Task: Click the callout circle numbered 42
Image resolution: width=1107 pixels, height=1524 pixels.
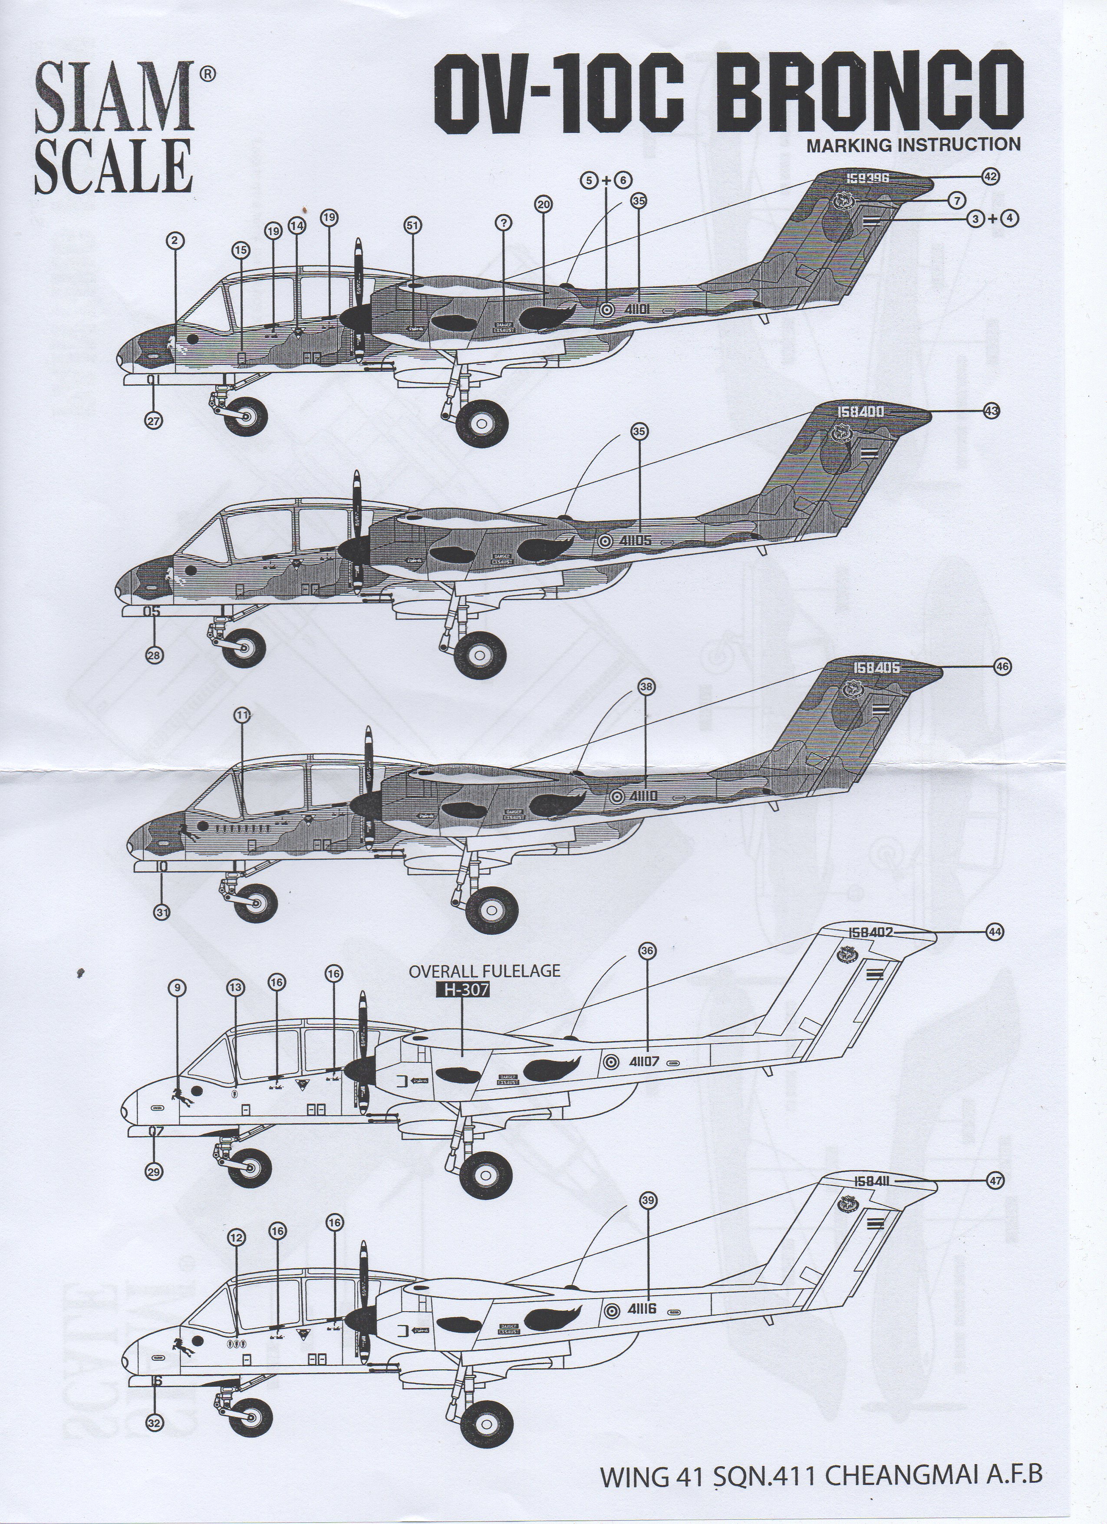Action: coord(989,177)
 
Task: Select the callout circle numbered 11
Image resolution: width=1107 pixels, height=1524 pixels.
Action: coord(243,716)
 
